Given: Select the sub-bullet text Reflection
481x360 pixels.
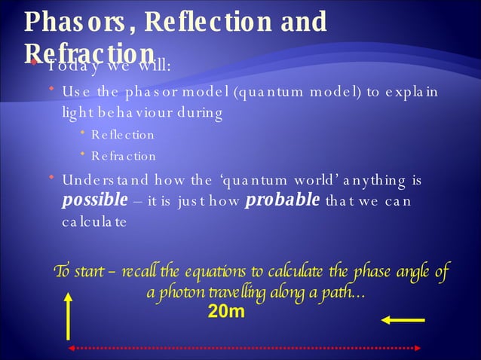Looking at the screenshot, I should (122, 136).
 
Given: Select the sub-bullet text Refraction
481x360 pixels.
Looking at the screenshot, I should (123, 157).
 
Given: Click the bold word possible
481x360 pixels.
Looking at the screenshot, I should (95, 201).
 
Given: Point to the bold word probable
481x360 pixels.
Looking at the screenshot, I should (283, 201).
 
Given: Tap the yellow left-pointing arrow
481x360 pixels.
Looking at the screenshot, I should (403, 320).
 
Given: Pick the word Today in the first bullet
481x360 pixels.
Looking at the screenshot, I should (71, 65).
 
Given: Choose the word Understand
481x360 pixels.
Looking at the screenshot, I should (101, 181).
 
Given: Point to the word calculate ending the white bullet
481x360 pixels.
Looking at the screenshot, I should (94, 223).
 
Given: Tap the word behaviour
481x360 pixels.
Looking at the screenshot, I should (158, 114).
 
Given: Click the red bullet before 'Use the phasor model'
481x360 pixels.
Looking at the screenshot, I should (51, 91).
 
